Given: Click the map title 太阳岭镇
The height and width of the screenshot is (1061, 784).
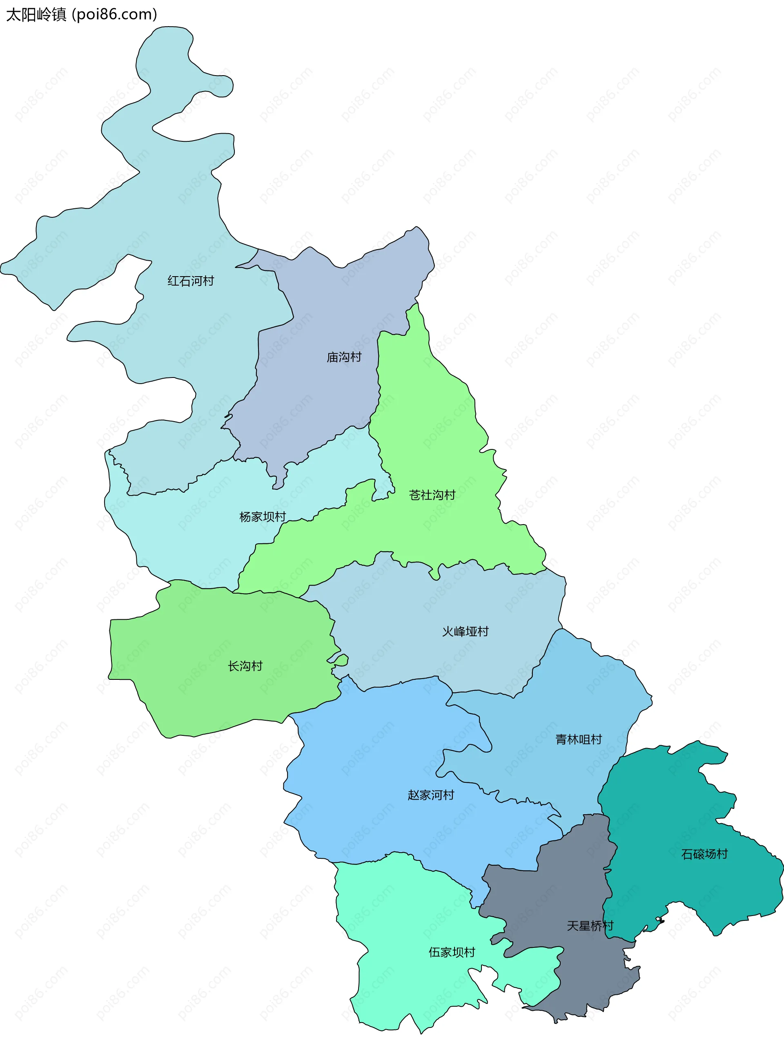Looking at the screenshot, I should click(x=36, y=15).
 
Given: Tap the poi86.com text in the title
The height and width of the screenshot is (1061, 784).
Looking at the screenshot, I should click(x=114, y=15).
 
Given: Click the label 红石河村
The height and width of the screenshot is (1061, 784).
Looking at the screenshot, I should click(x=191, y=281).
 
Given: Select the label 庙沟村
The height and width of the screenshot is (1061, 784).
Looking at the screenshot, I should click(x=344, y=357).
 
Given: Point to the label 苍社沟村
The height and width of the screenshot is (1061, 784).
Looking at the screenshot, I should click(x=432, y=495).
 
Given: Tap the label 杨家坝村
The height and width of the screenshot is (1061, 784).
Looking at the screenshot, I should click(x=263, y=516).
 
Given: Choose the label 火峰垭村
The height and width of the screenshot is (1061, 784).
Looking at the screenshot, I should click(x=465, y=631).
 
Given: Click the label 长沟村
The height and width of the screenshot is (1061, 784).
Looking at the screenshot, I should click(x=245, y=666).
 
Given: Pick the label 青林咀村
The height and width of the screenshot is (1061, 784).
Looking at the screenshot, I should click(x=579, y=739).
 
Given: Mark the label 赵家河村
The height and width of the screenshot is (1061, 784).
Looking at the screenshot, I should click(x=431, y=795).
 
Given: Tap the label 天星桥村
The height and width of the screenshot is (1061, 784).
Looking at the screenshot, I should click(x=590, y=926).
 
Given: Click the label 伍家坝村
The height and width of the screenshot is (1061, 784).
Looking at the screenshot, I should click(x=452, y=952).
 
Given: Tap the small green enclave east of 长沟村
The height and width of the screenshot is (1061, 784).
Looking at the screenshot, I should click(x=340, y=659).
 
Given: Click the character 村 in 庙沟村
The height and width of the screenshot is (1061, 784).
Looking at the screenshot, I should click(x=356, y=357).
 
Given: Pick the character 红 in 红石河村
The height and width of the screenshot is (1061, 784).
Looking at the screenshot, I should click(x=173, y=281).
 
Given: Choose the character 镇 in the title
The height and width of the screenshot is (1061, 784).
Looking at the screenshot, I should click(x=59, y=15).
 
